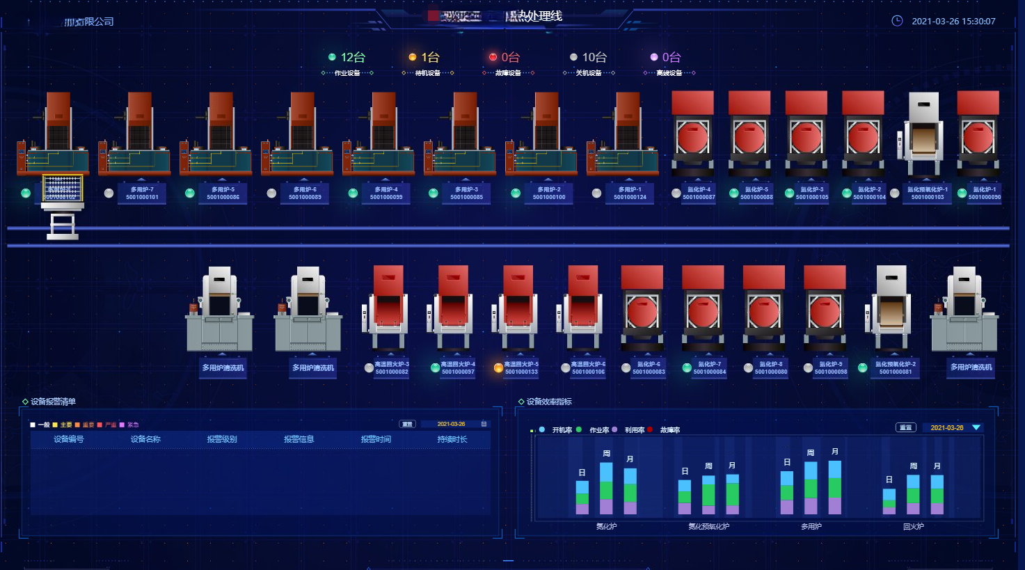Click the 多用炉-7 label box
click(142, 193)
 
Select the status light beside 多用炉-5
click(190, 193)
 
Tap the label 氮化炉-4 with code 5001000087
click(699, 193)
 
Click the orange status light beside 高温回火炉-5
click(498, 368)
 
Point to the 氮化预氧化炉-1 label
click(928, 193)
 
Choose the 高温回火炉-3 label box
click(392, 367)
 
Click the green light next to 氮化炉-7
click(687, 368)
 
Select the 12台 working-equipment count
click(352, 57)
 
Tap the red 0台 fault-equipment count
click(510, 57)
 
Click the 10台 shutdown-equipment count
click(594, 57)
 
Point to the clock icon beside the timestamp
click(897, 21)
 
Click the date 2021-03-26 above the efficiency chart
click(946, 427)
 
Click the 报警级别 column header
click(222, 439)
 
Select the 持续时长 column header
click(452, 439)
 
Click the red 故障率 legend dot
click(650, 429)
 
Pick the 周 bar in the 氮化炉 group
click(606, 488)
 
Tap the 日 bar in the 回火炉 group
click(889, 501)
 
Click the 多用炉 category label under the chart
click(811, 526)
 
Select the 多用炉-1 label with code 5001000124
click(630, 193)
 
